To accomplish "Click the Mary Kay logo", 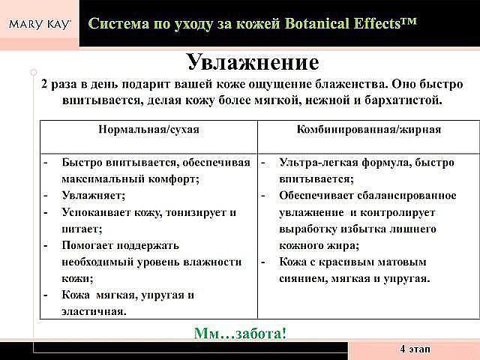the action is coord(40,24).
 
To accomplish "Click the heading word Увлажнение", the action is coord(253,62).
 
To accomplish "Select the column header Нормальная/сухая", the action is coord(148,130).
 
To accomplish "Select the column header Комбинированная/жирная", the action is coord(369,130).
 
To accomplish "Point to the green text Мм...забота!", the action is coord(240,333).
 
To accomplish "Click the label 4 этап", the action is coord(415,349).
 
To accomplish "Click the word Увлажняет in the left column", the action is coord(93,195).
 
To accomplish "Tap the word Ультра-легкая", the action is coord(318,163).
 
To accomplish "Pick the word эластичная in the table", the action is coord(94,312).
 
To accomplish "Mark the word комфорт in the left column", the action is coord(173,178).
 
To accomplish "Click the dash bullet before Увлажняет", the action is coord(45,195).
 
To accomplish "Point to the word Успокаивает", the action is coord(96,212).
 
